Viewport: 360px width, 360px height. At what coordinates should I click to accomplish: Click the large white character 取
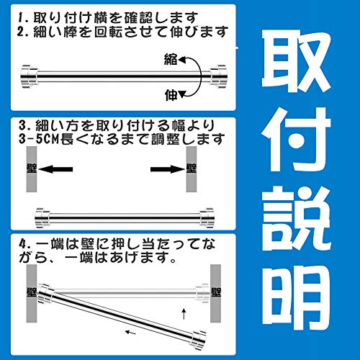pyautogui.click(x=297, y=62)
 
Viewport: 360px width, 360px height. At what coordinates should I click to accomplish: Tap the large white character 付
pyautogui.click(x=297, y=139)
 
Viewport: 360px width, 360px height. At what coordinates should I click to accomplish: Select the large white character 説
pyautogui.click(x=297, y=218)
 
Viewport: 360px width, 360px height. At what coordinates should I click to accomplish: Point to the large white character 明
pyautogui.click(x=297, y=297)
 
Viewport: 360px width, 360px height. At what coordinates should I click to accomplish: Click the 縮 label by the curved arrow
pyautogui.click(x=171, y=59)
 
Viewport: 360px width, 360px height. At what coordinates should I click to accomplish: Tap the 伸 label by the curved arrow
pyautogui.click(x=171, y=95)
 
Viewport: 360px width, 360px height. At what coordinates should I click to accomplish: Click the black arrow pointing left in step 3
pyautogui.click(x=55, y=169)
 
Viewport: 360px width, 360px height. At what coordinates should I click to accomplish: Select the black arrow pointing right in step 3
pyautogui.click(x=168, y=169)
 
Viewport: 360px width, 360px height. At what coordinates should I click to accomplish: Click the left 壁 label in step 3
pyautogui.click(x=32, y=168)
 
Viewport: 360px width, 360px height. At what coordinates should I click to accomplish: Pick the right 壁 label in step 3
pyautogui.click(x=192, y=168)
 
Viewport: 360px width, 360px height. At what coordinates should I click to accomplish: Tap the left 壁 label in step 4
pyautogui.click(x=32, y=292)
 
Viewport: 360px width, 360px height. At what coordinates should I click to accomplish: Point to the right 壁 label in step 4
pyautogui.click(x=216, y=292)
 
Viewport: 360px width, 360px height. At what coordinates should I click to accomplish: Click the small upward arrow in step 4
pyautogui.click(x=184, y=314)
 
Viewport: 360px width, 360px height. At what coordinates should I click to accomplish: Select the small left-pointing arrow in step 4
pyautogui.click(x=131, y=332)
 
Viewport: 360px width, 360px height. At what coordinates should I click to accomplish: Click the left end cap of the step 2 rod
pyautogui.click(x=30, y=76)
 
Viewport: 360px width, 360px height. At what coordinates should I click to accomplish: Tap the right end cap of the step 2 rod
pyautogui.click(x=218, y=76)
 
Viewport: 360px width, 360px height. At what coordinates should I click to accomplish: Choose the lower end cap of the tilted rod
pyautogui.click(x=198, y=340)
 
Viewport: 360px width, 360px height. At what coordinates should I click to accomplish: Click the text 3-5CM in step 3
pyautogui.click(x=39, y=139)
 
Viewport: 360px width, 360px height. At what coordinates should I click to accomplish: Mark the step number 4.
pyautogui.click(x=23, y=245)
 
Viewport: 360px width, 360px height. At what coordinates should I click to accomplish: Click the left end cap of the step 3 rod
pyautogui.click(x=42, y=218)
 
